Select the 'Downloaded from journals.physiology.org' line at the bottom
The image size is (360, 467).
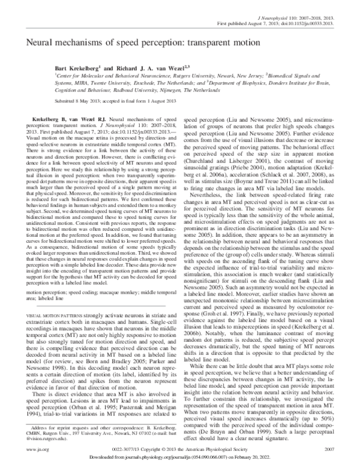(x=180, y=457)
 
